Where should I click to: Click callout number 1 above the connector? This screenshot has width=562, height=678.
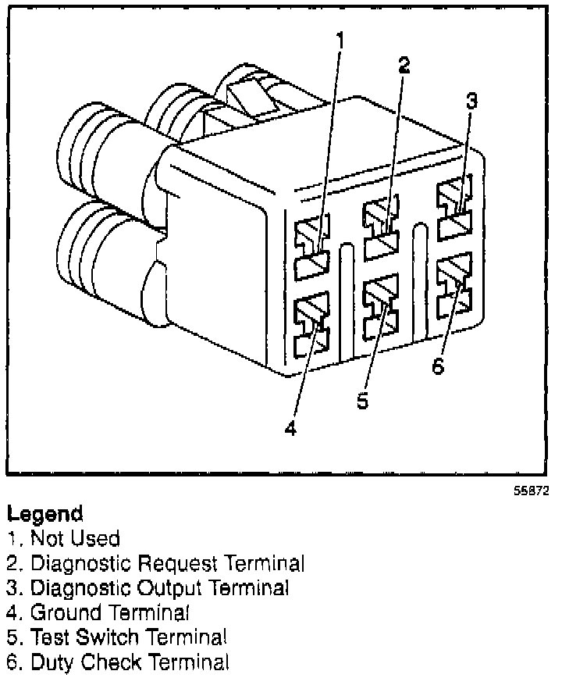point(340,38)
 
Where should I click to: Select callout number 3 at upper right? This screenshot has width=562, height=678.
point(471,102)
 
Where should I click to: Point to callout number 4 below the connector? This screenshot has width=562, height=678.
point(290,429)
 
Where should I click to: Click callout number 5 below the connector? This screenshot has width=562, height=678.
point(362,400)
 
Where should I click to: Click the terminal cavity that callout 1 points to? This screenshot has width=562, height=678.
point(312,248)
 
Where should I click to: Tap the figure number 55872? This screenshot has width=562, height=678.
point(530,493)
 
